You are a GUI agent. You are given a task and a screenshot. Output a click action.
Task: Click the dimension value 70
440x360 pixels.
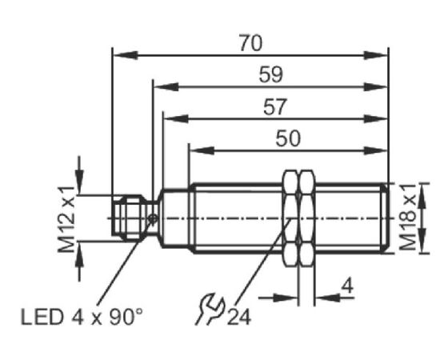point(250,43)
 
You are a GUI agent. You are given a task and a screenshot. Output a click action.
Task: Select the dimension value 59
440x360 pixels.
point(270,74)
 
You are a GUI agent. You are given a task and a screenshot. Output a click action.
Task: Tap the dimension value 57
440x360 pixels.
point(275,106)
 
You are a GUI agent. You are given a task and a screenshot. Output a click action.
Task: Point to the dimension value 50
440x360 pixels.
point(288,138)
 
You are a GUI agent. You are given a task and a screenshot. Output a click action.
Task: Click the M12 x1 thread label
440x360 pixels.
point(66,219)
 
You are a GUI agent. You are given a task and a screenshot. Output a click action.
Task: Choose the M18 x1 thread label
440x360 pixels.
point(407,217)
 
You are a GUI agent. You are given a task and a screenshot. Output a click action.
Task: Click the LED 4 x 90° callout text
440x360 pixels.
point(82,318)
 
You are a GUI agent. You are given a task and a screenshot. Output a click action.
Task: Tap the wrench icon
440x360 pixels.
point(210,309)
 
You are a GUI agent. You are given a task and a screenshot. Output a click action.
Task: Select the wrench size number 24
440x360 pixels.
point(239,318)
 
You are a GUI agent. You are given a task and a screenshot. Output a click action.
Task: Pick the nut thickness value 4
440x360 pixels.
point(347,286)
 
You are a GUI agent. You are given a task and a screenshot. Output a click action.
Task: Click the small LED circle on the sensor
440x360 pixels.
point(153,219)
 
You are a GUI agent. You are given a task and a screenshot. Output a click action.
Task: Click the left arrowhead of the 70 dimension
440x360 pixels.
point(125,55)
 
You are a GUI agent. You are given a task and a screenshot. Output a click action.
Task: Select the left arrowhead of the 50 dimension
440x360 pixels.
point(202,150)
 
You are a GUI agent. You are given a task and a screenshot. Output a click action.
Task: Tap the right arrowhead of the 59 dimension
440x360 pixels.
point(375,87)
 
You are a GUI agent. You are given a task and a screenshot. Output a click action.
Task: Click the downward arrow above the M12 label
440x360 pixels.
point(79,175)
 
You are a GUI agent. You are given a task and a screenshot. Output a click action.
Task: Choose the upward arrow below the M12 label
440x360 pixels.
point(79,262)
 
